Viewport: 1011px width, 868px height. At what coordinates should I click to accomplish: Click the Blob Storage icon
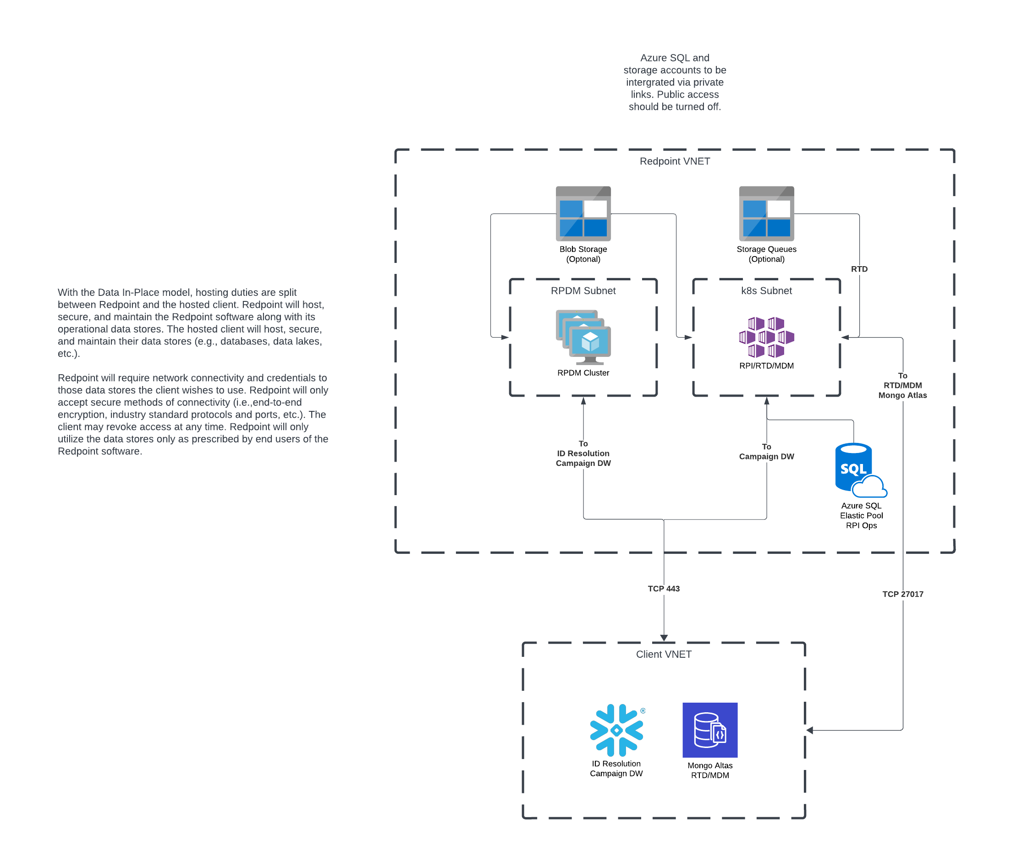pos(583,213)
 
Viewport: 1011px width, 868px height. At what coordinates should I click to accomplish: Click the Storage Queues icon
pos(766,213)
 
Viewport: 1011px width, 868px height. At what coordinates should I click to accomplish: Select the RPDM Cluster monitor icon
pos(583,338)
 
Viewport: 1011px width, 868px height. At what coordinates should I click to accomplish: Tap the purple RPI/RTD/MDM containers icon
pos(766,337)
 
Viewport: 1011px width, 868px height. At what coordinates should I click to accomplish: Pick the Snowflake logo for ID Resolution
pos(616,730)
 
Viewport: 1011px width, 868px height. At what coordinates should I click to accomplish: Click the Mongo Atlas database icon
pos(710,730)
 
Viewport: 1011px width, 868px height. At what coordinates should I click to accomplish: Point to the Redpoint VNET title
pos(675,161)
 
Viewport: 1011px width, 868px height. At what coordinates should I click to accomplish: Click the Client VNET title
pos(664,655)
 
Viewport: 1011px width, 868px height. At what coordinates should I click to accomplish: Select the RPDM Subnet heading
pos(583,291)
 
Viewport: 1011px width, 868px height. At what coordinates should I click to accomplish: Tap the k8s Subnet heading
pos(766,291)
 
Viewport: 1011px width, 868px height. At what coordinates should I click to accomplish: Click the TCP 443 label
pos(664,589)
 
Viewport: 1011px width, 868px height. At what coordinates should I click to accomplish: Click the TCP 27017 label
pos(903,594)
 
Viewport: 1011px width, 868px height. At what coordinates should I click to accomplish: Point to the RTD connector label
pos(859,269)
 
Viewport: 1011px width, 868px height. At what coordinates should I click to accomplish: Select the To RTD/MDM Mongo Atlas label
pos(903,385)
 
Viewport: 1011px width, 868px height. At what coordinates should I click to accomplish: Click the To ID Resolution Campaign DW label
pos(583,453)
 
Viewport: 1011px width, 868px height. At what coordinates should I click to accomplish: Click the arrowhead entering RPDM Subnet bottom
pos(583,401)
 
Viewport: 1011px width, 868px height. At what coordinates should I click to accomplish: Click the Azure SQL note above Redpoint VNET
pos(675,82)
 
